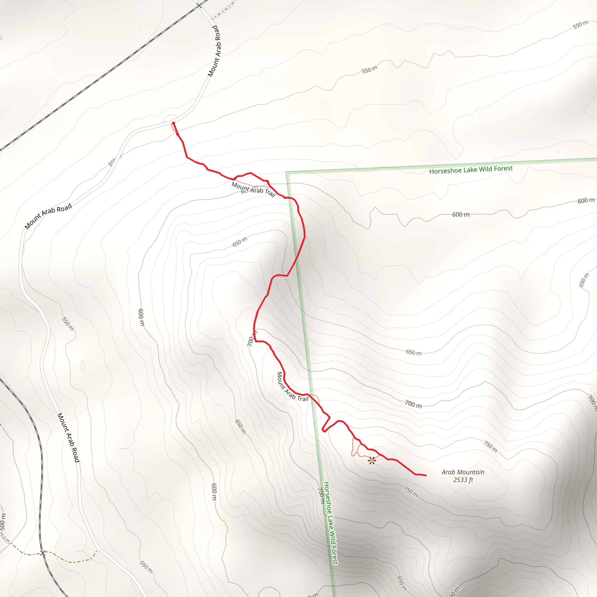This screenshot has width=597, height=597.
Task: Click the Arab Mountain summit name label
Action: coord(463,472)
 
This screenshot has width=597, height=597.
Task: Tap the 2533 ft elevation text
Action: coord(463,480)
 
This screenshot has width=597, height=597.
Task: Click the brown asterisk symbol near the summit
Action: coord(372,461)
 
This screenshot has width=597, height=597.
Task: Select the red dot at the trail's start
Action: coord(173,123)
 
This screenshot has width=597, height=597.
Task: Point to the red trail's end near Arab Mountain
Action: coord(426,475)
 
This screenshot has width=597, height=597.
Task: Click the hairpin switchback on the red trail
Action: coord(323,430)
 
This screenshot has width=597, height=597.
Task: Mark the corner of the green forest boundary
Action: coord(287,173)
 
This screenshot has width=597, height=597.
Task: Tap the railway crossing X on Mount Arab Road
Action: coord(199,5)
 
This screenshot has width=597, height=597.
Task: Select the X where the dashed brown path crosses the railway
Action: coord(43,553)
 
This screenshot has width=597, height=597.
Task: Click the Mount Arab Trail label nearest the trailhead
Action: coord(253,189)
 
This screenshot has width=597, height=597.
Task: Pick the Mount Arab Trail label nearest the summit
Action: coord(292,387)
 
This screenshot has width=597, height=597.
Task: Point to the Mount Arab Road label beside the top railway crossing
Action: coord(215,51)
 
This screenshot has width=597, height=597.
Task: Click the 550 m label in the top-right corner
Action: coord(580,25)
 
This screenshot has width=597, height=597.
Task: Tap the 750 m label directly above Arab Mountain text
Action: coord(490,447)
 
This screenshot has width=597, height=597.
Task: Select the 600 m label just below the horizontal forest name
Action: coord(460,215)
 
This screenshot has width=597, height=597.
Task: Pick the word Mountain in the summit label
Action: coord(472,472)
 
